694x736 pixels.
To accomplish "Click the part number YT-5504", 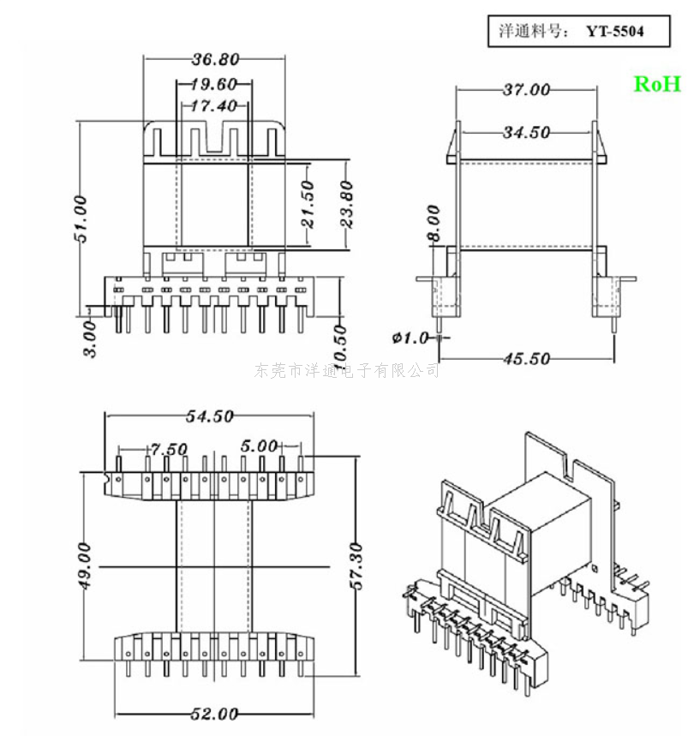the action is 614,32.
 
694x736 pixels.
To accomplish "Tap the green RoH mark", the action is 657,84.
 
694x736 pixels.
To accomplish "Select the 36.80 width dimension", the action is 215,59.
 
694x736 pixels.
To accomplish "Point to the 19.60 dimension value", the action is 213,84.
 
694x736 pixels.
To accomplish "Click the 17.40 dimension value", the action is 214,105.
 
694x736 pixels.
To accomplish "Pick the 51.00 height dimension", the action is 81,218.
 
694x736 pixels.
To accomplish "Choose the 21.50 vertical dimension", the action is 308,205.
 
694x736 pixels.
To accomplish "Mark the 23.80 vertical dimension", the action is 346,205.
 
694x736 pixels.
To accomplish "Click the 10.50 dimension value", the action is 341,344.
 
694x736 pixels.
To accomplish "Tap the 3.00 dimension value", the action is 90,338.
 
